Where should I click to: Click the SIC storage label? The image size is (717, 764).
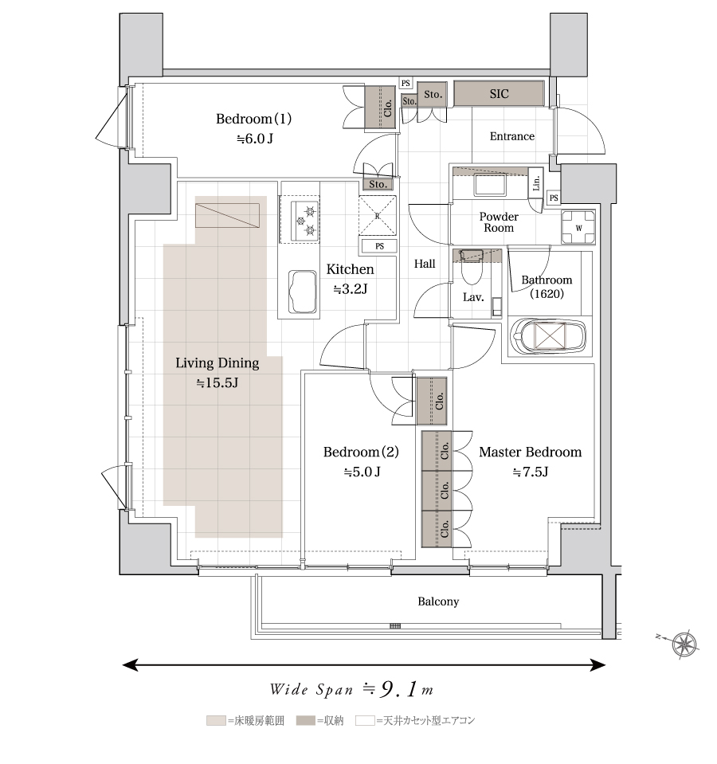499,93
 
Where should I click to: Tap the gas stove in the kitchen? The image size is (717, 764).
305,220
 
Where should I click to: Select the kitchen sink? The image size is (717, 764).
303,292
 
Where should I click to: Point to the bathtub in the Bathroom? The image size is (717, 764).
548,335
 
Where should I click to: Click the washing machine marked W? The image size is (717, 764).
578,227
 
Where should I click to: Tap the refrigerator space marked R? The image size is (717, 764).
378,216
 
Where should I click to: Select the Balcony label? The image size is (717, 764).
438,601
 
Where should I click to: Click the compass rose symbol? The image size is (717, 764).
684,645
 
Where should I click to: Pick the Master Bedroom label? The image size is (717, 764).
530,452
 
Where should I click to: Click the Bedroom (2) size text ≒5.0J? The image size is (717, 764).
362,472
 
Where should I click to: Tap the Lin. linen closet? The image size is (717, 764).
536,183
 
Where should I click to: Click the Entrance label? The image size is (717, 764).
512,136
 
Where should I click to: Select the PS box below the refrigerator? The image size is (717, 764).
379,246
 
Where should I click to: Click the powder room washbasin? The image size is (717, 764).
491,186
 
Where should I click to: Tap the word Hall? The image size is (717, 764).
425,264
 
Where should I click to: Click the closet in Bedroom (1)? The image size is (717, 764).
381,108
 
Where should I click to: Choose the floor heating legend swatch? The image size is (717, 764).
216,720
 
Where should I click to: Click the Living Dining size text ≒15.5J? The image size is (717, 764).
217,382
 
